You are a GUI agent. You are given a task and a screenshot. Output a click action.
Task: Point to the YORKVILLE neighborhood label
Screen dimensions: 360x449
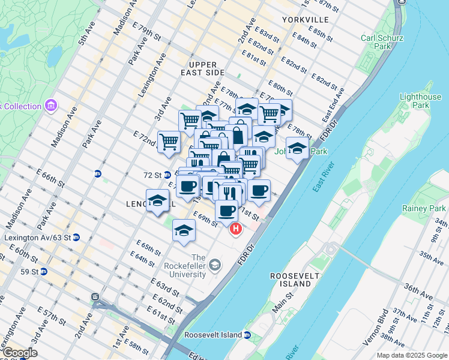point(305,20)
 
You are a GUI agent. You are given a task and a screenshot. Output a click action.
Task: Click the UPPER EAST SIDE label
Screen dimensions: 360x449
point(206,68)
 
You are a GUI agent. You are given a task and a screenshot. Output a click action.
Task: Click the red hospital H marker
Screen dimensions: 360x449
point(236,229)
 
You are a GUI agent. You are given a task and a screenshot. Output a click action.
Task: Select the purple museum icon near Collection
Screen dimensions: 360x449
point(50,106)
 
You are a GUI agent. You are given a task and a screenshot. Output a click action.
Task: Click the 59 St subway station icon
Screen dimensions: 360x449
point(44,271)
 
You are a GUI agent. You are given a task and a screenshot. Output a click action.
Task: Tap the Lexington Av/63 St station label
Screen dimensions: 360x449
point(37,238)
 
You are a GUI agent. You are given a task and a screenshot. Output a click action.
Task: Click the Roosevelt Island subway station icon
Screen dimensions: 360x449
point(247,335)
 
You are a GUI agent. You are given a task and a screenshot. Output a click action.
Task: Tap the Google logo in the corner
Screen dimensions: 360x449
point(19,353)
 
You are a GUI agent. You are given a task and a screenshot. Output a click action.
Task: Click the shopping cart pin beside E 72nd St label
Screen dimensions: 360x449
point(169,142)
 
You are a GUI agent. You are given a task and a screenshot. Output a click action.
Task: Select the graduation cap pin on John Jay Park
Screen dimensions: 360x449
point(297,149)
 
